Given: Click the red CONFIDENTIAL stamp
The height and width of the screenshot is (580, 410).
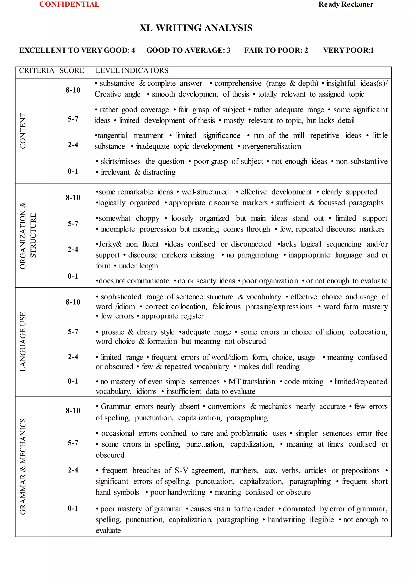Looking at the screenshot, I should (x=69, y=4).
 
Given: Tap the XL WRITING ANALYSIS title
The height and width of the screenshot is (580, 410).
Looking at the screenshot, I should (x=196, y=28).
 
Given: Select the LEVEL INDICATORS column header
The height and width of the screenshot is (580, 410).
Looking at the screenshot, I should (x=132, y=70).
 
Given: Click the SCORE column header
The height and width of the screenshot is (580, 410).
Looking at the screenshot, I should (x=72, y=70).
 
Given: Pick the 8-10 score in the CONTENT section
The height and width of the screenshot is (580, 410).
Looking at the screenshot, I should (x=73, y=90).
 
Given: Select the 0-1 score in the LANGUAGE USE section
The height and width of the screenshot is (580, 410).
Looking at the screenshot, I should (x=73, y=381).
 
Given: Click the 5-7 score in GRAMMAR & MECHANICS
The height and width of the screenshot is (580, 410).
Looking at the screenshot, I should (x=73, y=443).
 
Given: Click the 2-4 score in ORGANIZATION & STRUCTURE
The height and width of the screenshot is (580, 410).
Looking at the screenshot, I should (x=73, y=249).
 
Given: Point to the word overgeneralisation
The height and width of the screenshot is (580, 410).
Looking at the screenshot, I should (x=272, y=147).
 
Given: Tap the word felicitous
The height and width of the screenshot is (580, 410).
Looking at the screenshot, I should (x=226, y=307).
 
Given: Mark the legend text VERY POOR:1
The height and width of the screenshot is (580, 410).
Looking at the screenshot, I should (x=348, y=50).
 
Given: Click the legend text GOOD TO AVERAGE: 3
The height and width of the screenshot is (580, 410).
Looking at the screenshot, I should (x=188, y=50).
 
